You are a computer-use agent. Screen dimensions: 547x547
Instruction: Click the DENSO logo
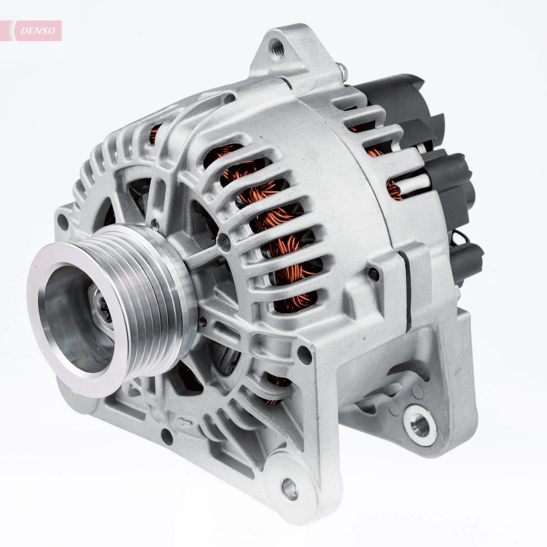pos(38,31)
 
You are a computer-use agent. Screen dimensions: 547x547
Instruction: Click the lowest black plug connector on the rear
pos(467,260)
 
